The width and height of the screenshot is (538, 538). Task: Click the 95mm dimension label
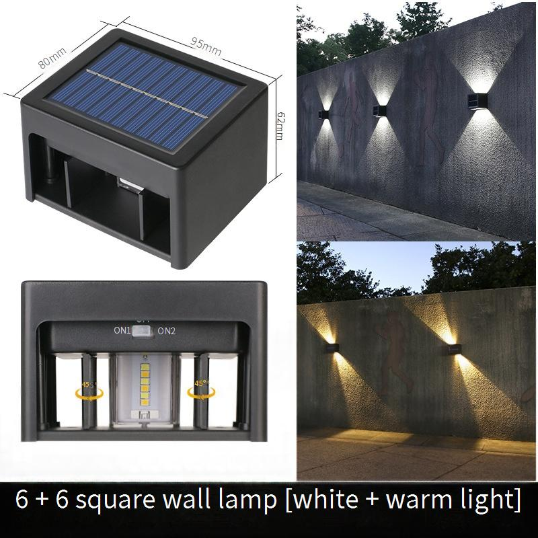[x=206, y=46]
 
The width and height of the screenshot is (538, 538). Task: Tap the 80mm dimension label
[x=52, y=58]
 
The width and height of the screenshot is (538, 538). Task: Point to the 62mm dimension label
[x=280, y=125]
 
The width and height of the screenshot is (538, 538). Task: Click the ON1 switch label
[x=122, y=330]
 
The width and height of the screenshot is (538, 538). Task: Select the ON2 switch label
[x=166, y=331]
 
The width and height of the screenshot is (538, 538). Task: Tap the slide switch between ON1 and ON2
[x=143, y=331]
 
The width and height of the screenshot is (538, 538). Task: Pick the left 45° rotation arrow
[x=89, y=393]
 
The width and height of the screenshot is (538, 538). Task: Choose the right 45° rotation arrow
[x=201, y=393]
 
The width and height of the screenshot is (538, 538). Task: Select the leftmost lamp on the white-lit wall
[x=324, y=114]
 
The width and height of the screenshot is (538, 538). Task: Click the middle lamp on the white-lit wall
[x=379, y=111]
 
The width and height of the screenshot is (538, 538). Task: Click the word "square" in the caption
[x=115, y=500]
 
